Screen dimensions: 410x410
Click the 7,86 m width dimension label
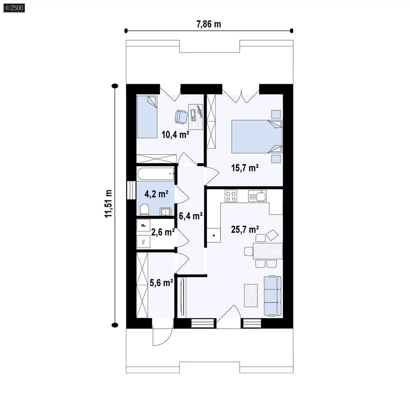click(x=209, y=24)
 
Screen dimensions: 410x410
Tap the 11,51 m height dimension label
click(x=108, y=204)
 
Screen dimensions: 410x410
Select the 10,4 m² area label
click(x=175, y=135)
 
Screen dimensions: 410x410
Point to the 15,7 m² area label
click(x=245, y=168)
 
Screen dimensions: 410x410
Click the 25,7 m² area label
click(x=245, y=229)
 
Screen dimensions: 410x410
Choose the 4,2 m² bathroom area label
click(x=156, y=194)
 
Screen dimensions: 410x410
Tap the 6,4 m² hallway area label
click(x=191, y=216)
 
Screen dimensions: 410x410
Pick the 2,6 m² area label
click(x=163, y=232)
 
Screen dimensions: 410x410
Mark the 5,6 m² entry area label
click(x=161, y=283)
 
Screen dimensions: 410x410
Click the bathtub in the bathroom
click(x=156, y=174)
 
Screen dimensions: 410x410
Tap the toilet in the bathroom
click(x=144, y=210)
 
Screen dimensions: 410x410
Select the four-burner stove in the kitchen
click(x=231, y=196)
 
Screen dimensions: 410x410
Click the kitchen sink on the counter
click(x=257, y=196)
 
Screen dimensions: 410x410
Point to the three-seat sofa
click(x=273, y=296)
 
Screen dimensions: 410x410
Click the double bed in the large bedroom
click(x=257, y=137)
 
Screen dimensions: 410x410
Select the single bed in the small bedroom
click(x=147, y=117)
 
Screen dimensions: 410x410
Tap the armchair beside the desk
click(x=181, y=116)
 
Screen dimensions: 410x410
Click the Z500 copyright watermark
click(x=14, y=8)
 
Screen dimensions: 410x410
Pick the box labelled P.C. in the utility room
click(x=143, y=242)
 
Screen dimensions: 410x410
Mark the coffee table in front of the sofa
click(x=251, y=295)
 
